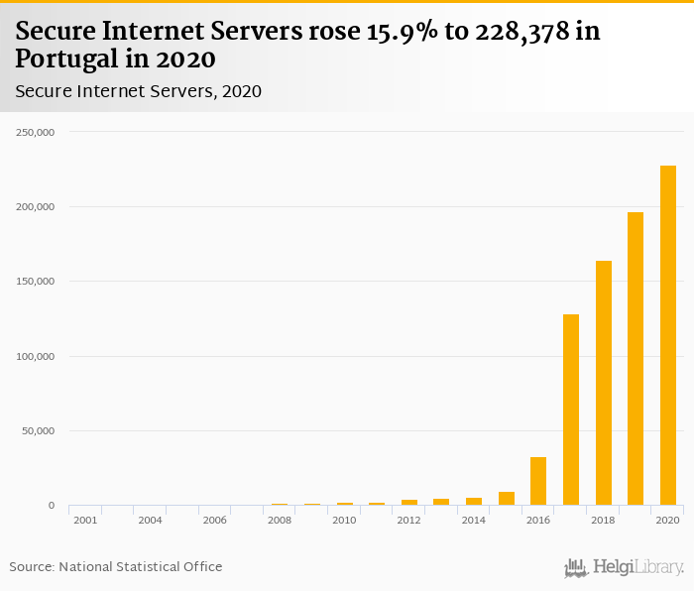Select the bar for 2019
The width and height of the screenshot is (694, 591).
[636, 358]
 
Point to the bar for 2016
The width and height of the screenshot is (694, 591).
[538, 481]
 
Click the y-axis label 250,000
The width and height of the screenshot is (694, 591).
[35, 132]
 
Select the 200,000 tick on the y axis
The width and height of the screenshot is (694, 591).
[35, 207]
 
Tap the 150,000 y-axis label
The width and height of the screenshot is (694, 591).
[35, 282]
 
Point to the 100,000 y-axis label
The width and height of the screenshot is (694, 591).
[35, 357]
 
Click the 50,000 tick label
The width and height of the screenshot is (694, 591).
[38, 431]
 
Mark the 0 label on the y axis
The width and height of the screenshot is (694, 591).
[51, 506]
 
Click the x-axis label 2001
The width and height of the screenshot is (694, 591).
[85, 521]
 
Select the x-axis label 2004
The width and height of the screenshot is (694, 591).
[150, 521]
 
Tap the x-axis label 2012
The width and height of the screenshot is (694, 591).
[408, 521]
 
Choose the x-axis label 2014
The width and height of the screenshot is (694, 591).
[473, 521]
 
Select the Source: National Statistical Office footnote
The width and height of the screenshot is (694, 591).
[116, 567]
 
